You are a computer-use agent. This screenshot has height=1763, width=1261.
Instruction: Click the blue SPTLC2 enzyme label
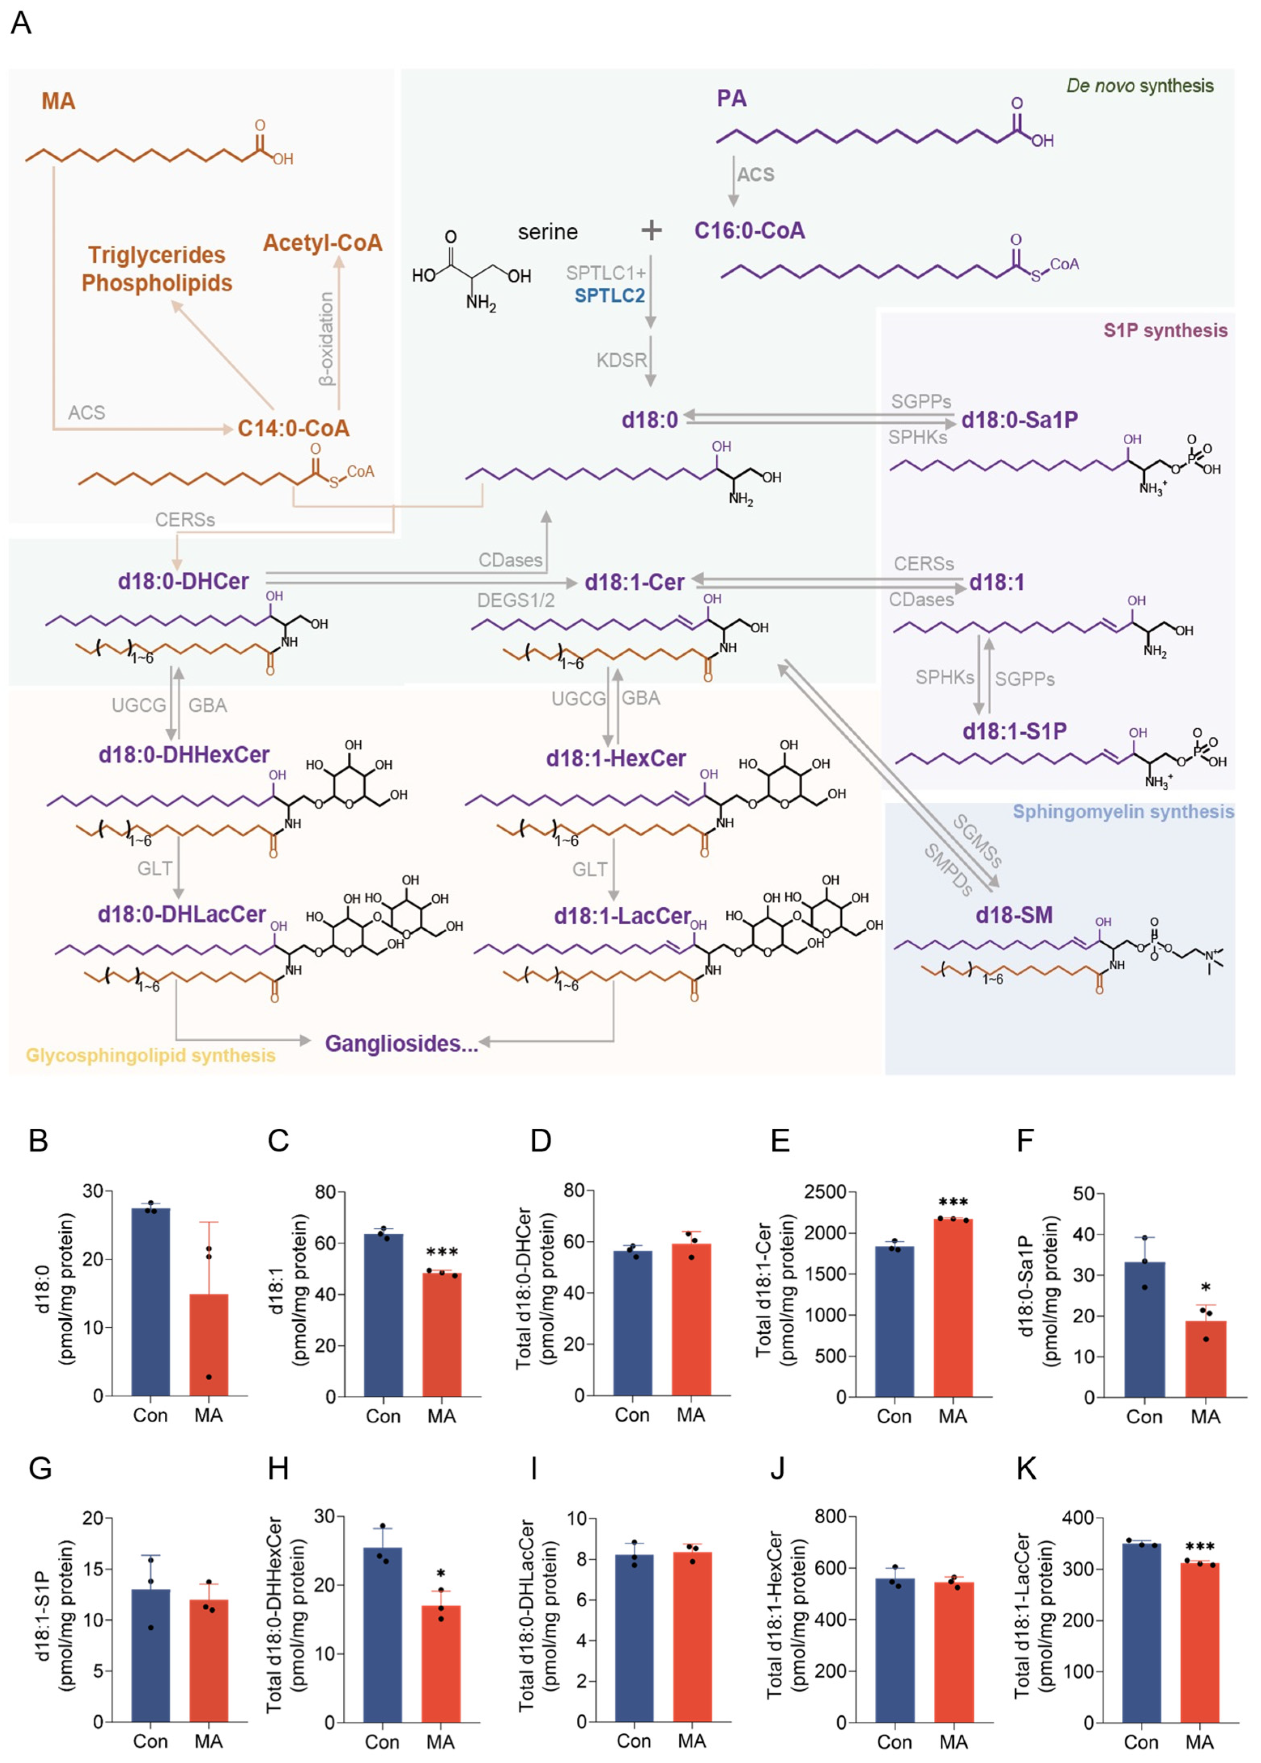tap(610, 296)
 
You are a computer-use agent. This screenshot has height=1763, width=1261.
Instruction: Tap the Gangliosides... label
tap(401, 1043)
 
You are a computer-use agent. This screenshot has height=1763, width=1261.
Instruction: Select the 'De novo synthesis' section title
tap(1139, 86)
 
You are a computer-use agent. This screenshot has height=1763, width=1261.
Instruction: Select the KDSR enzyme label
tap(621, 360)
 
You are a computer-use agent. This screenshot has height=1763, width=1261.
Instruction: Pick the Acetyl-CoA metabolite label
tap(322, 243)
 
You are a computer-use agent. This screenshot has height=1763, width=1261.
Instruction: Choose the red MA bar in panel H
tap(440, 1664)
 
